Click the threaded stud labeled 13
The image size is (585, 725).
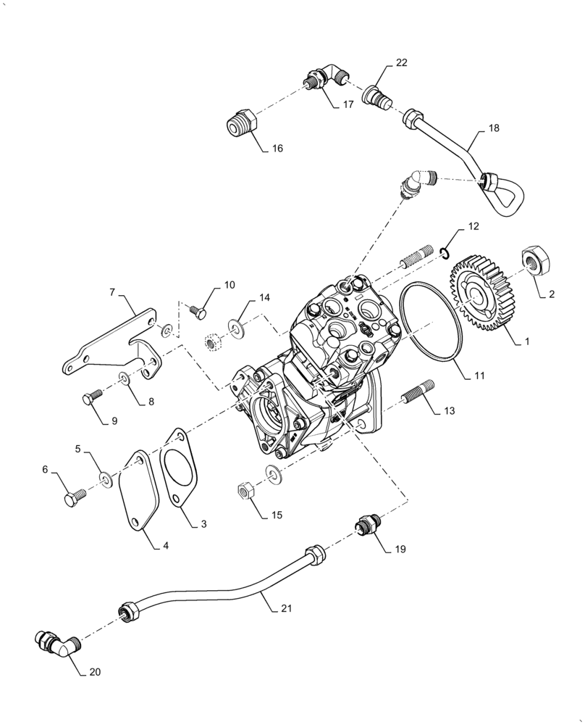(x=416, y=394)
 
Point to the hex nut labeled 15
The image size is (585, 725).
(x=245, y=491)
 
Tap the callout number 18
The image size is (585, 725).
(x=493, y=129)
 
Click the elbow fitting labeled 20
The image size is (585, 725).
(x=54, y=642)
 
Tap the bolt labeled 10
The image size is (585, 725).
(x=196, y=312)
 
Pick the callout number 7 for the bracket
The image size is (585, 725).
(x=112, y=291)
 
